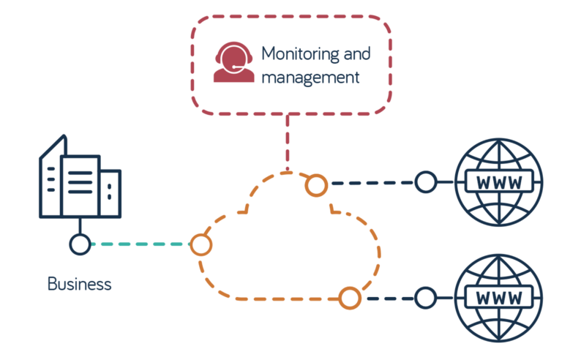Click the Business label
coord(80,284)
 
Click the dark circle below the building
coord(80,244)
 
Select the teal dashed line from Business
coord(139,244)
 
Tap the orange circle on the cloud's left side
coord(201,244)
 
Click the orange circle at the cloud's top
coord(316,185)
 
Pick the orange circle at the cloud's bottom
coord(350,297)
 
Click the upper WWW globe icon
coord(499,181)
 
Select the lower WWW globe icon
coord(499,297)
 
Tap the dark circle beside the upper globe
coord(425,181)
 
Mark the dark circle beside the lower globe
coord(425,297)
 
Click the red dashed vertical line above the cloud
coord(288,143)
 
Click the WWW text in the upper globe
coord(499,182)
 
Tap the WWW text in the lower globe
coord(499,298)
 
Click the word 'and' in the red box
coord(356,55)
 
